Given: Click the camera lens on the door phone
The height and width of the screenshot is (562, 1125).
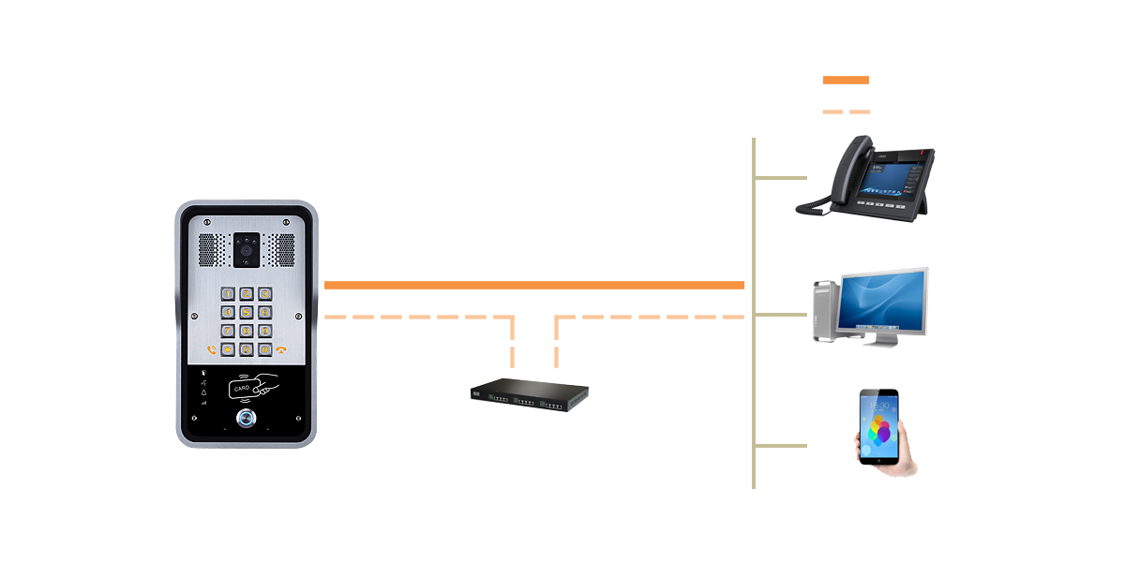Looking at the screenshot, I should pos(247,249).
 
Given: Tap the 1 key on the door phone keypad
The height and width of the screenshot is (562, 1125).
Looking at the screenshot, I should pos(228,294).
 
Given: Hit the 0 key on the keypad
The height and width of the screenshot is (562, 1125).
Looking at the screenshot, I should pos(247,349).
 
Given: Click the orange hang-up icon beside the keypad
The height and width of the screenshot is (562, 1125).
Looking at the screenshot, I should pos(281,350).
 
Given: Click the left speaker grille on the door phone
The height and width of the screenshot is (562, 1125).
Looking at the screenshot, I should pos(210,249).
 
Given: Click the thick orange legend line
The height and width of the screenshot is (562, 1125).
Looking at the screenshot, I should pos(846,81).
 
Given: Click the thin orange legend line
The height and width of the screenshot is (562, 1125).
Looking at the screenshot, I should pos(846,111).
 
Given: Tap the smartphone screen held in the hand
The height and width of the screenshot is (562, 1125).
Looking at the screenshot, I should pos(878,425).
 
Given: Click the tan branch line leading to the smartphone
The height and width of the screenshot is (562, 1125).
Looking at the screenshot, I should pos(780,445).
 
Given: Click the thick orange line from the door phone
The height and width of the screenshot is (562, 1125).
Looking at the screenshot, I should pos(534,285).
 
